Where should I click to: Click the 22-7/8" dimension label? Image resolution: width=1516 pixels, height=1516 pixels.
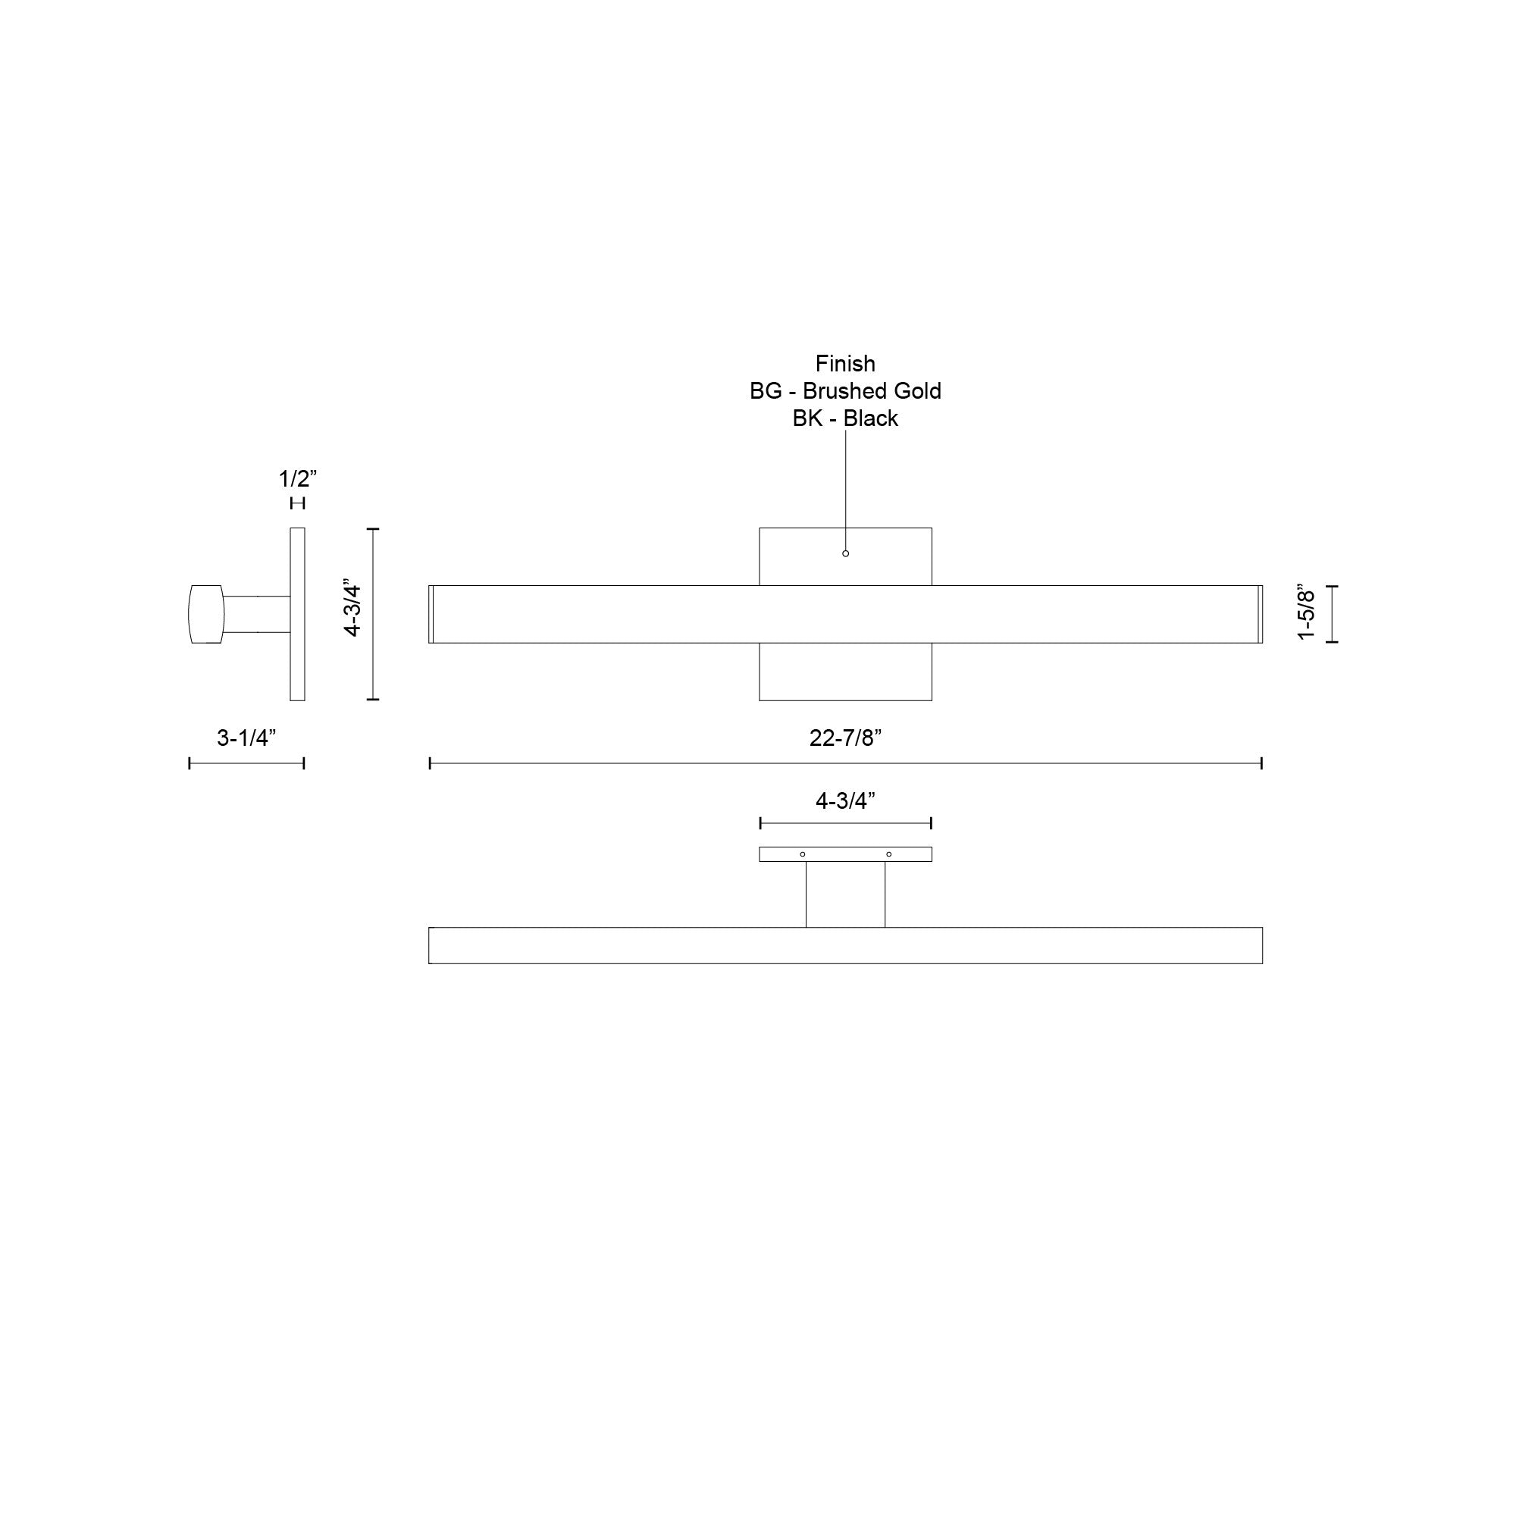(x=845, y=738)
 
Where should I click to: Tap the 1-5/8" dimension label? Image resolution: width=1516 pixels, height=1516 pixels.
(x=1306, y=612)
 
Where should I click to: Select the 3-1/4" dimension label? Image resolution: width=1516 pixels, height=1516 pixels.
(x=246, y=738)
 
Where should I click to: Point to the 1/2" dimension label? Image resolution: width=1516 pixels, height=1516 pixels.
(x=297, y=478)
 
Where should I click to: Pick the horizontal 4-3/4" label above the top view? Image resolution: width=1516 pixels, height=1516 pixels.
(x=845, y=800)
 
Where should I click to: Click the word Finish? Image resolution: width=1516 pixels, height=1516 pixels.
(x=845, y=363)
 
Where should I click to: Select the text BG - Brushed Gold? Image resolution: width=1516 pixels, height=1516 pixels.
(x=845, y=391)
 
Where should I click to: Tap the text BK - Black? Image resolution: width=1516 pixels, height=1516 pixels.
(x=845, y=418)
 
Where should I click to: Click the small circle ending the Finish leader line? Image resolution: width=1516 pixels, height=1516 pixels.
(x=845, y=553)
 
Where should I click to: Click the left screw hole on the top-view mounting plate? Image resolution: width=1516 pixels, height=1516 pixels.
(x=802, y=854)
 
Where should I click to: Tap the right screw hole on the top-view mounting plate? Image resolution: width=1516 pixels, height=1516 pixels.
(x=888, y=854)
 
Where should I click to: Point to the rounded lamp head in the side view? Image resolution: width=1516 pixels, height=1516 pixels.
(x=205, y=614)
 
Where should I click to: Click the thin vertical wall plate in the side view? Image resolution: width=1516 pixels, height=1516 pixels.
(x=297, y=614)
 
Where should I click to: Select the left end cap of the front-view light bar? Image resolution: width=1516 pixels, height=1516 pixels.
(x=431, y=614)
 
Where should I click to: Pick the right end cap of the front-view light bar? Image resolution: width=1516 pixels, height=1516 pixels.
(x=1261, y=614)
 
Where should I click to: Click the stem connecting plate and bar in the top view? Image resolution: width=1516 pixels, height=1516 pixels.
(x=845, y=894)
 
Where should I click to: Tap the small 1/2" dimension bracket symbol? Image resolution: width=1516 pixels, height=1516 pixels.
(x=297, y=503)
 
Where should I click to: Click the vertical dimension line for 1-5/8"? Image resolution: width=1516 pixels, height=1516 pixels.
(x=1332, y=614)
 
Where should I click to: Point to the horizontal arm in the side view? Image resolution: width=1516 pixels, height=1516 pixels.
(x=257, y=614)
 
